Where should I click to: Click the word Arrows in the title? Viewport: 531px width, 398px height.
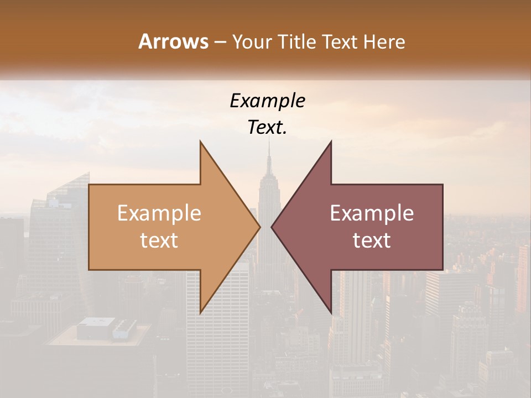173,41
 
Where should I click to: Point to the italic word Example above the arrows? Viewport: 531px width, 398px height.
267,101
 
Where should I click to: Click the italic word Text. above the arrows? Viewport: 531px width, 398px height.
267,128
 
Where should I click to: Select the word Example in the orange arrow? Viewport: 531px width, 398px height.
159,213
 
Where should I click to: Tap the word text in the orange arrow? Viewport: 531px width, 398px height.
159,240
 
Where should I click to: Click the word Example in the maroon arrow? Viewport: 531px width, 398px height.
372,213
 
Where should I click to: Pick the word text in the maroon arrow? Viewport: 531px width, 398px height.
372,240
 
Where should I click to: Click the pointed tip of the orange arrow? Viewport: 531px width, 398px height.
260,227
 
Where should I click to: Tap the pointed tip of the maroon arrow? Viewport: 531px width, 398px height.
272,227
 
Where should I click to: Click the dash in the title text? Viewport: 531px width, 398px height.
220,42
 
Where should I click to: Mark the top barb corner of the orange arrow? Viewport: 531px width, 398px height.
201,142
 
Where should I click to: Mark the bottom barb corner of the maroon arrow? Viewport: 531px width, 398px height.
331,313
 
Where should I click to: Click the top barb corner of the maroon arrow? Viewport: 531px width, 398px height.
331,142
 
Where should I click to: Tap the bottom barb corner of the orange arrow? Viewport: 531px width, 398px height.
201,313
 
